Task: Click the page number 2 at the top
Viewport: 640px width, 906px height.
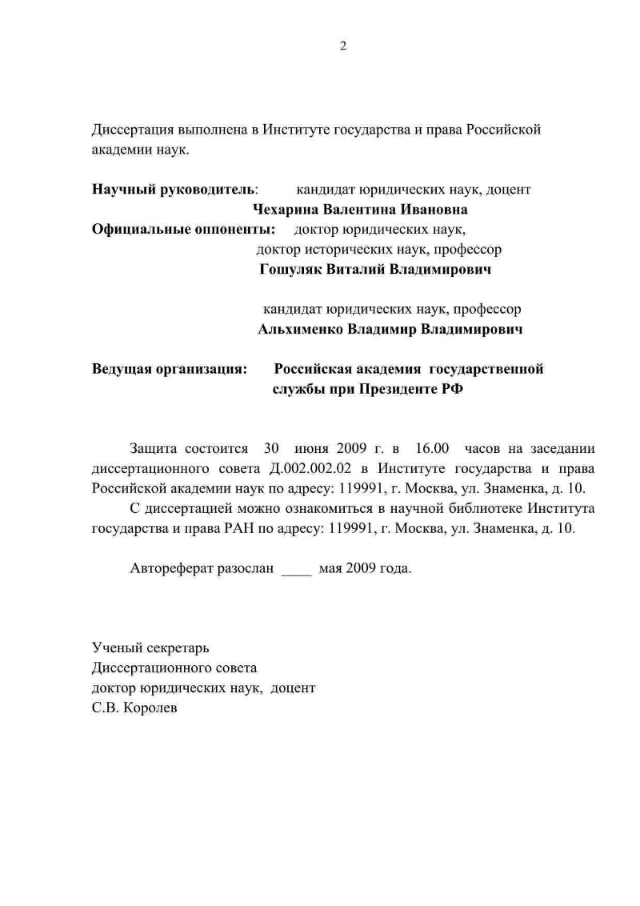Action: point(343,46)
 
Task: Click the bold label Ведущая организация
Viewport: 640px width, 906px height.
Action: point(169,369)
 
